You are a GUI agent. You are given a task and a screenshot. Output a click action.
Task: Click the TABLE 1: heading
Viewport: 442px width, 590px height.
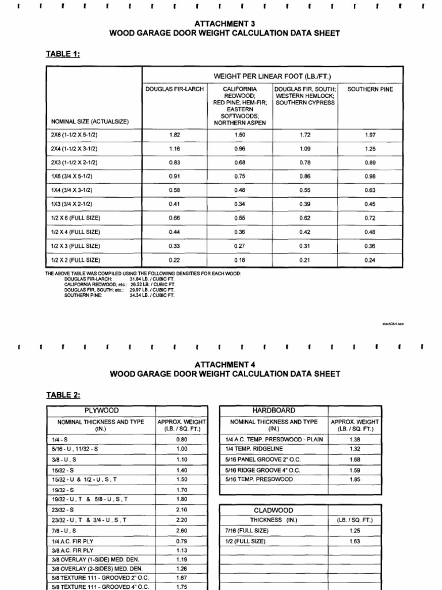[63, 54]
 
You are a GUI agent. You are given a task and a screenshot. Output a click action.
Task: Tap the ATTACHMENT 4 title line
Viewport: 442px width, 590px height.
[224, 364]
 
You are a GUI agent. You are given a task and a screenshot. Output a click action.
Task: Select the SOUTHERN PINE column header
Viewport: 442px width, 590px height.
[370, 89]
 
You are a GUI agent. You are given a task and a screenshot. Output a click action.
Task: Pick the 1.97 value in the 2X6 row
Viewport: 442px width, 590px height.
[370, 135]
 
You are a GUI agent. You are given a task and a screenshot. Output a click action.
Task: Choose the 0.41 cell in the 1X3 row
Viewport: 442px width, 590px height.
[174, 204]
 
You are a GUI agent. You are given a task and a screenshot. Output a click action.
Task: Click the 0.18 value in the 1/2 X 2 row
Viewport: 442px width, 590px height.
[240, 260]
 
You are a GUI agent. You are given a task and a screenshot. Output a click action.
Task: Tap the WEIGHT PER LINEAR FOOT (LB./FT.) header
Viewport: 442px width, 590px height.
[272, 76]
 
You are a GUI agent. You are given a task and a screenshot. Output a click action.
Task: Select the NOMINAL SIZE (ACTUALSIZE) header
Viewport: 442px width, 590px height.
[90, 122]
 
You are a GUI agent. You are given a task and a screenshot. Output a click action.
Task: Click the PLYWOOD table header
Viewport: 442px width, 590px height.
[101, 411]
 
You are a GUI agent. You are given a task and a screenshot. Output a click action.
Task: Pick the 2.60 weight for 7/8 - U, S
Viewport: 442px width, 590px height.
[182, 530]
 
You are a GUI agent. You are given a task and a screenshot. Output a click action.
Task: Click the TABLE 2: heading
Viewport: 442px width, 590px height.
[63, 395]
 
